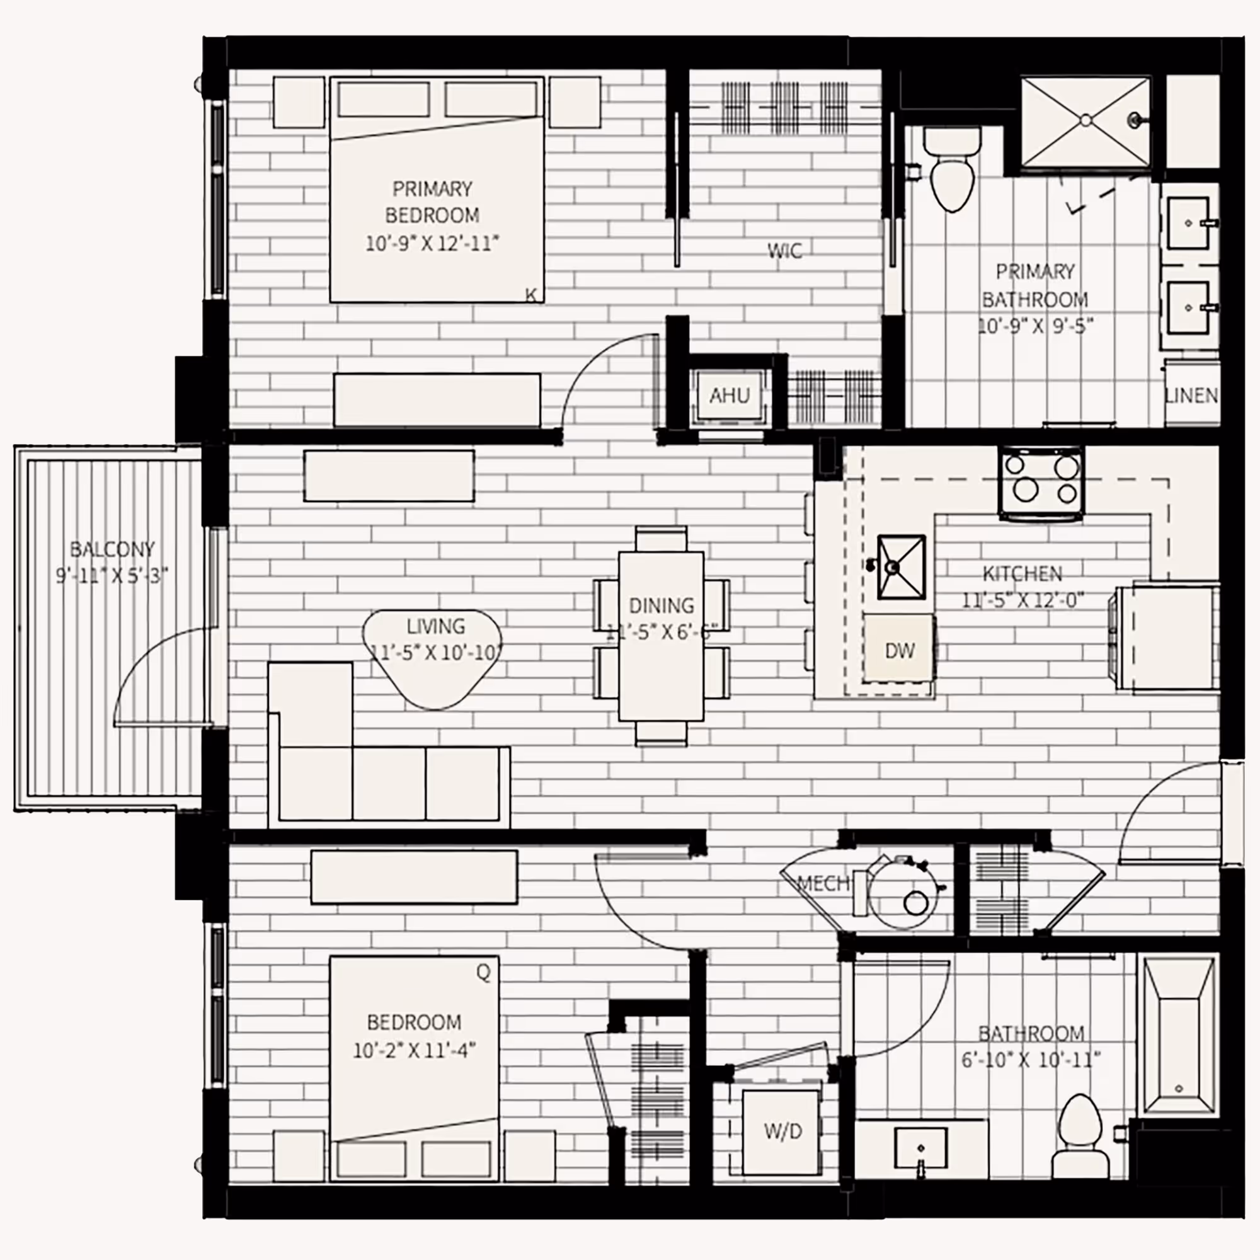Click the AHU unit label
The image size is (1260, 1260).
[729, 395]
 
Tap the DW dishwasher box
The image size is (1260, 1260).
[900, 650]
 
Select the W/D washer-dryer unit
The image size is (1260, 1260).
[782, 1131]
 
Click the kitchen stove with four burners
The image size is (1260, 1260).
[1041, 483]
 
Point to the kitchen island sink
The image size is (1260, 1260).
[902, 567]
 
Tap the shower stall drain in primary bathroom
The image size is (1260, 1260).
[1085, 120]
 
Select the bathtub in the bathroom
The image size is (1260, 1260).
[1179, 1035]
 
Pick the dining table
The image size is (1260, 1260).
[661, 635]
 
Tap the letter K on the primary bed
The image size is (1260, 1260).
[531, 295]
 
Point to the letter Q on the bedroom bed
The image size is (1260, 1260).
[483, 972]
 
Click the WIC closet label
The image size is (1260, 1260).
[784, 251]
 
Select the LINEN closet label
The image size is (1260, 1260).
[1191, 395]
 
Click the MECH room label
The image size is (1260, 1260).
[823, 884]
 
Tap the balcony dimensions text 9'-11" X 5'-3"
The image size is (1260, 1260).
[112, 576]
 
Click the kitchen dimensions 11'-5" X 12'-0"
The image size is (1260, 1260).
[1022, 599]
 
